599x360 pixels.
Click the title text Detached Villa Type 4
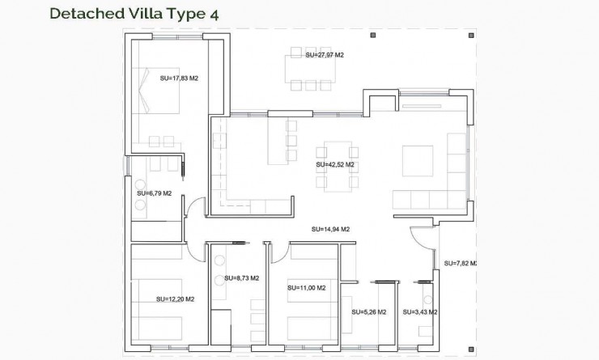click(x=133, y=14)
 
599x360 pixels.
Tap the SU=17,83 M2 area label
click(x=179, y=78)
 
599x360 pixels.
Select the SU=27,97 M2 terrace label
click(x=325, y=55)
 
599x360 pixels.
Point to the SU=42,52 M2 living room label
click(x=335, y=164)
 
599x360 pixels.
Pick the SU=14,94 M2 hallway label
click(x=330, y=229)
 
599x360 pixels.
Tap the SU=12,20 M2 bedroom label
click(x=175, y=299)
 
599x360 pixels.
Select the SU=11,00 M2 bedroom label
click(x=306, y=287)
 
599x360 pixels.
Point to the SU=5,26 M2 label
click(x=368, y=311)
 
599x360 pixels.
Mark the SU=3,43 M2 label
click(x=421, y=311)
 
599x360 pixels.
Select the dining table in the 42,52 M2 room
click(x=337, y=164)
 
